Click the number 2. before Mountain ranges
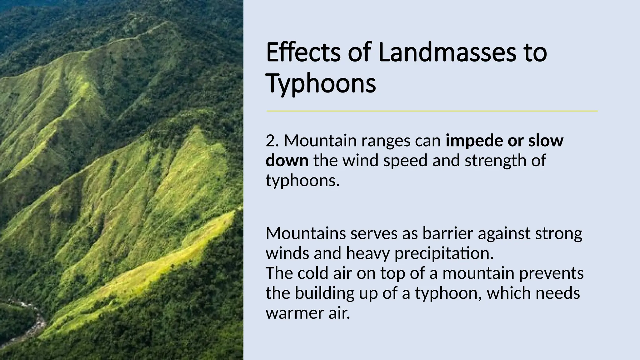coord(272,141)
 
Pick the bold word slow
coord(546,141)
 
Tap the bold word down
coord(287,161)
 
